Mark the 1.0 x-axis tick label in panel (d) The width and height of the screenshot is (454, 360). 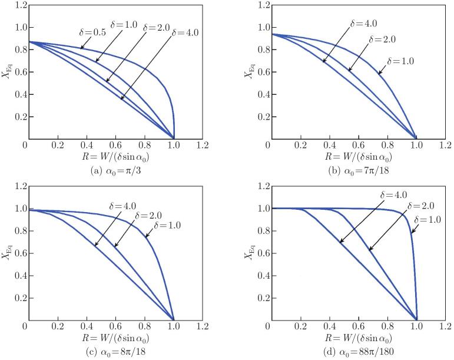pos(416,325)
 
